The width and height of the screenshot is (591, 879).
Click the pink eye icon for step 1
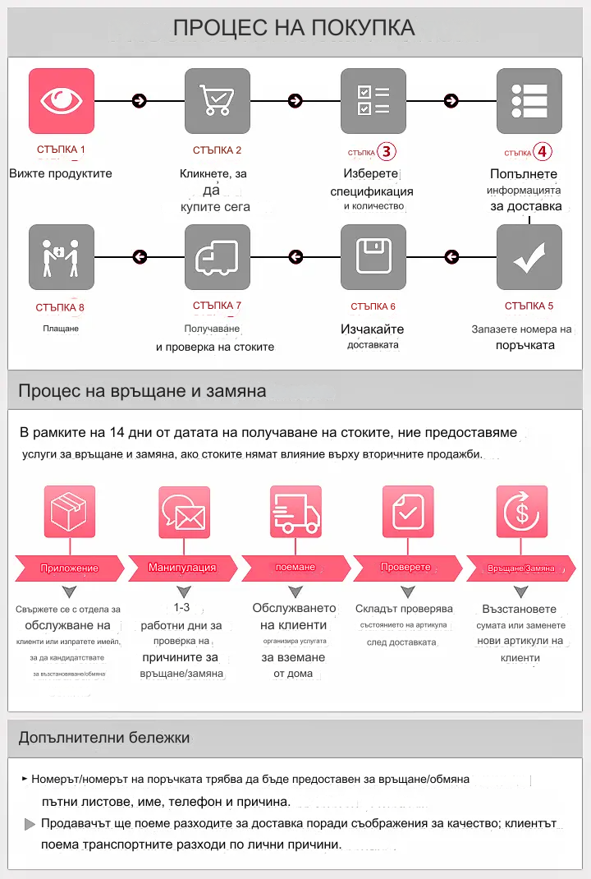[62, 101]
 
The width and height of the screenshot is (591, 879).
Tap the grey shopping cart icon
[218, 101]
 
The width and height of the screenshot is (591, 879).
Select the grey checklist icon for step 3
[373, 101]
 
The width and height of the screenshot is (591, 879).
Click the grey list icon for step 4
[529, 101]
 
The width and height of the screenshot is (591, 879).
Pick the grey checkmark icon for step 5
[529, 257]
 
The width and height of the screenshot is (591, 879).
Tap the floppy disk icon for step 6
[373, 257]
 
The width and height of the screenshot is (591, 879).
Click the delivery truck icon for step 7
[218, 257]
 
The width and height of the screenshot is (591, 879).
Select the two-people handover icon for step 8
[62, 257]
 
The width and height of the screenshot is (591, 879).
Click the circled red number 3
[387, 152]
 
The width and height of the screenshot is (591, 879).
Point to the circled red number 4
[543, 152]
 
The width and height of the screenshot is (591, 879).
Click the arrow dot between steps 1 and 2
[140, 101]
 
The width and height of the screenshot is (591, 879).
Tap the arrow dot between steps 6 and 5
[451, 257]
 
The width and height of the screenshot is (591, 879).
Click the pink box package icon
[69, 512]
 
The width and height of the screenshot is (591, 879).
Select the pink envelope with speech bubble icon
[183, 512]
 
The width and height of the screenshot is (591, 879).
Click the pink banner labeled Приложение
[70, 568]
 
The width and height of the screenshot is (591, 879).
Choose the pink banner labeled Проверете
[405, 568]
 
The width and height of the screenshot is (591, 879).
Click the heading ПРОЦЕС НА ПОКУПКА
[294, 28]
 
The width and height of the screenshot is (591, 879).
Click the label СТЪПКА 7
[218, 306]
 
